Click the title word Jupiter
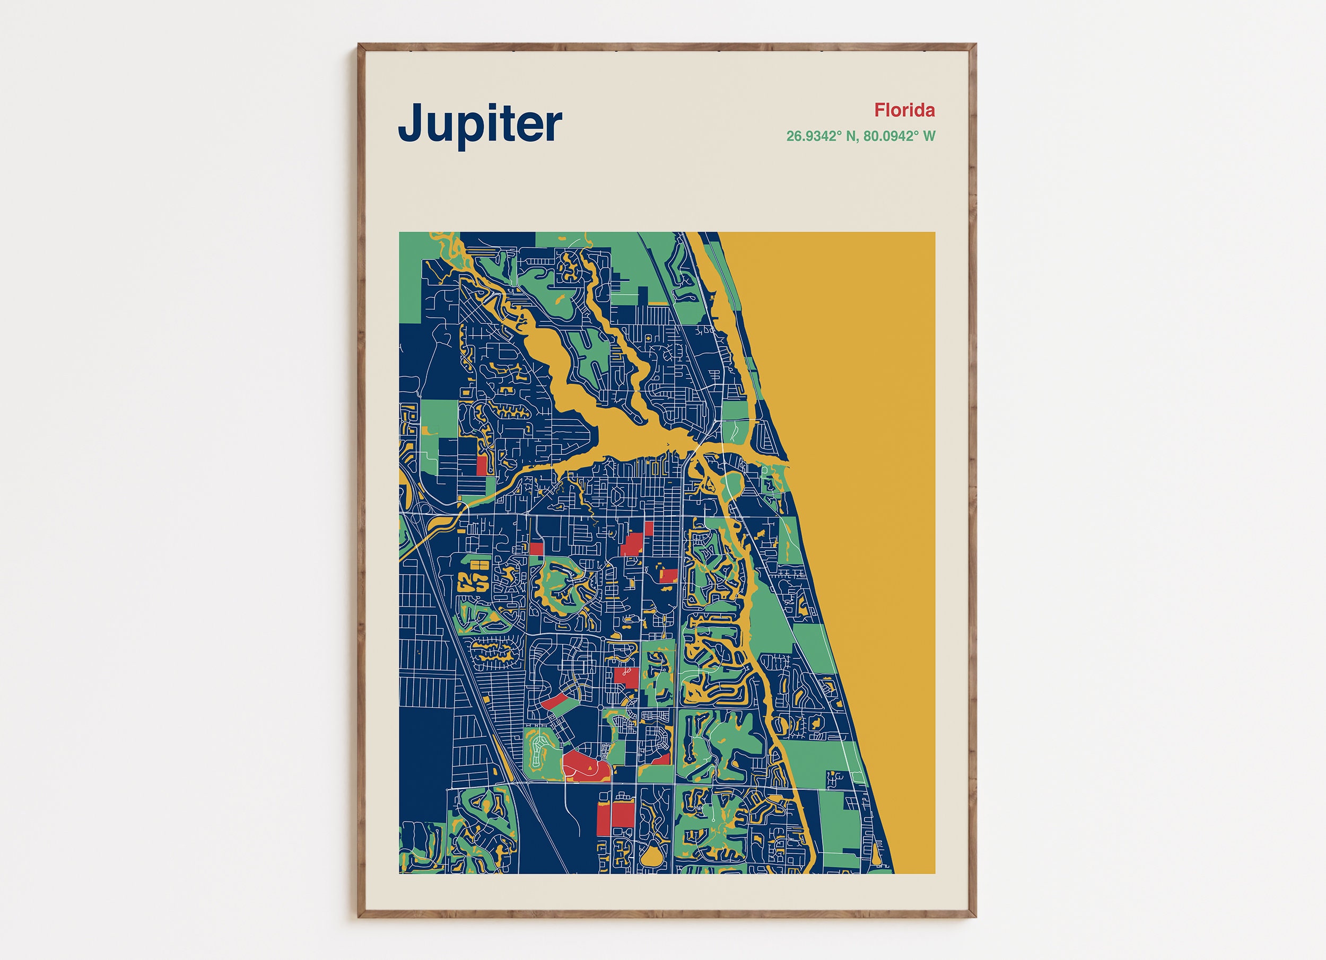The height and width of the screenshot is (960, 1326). (479, 124)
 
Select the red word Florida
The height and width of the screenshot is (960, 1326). (904, 110)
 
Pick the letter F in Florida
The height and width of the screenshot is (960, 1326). (880, 110)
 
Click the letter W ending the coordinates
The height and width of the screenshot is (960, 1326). (929, 136)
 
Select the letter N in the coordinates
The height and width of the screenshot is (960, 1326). (851, 136)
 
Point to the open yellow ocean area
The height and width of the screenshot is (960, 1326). (859, 468)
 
